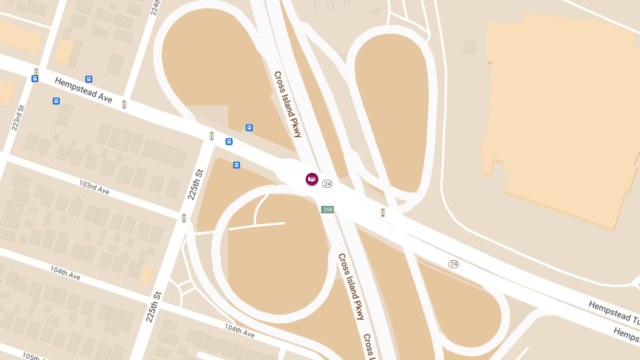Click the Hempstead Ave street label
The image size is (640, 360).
[x=84, y=89]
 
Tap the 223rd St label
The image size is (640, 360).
[x=18, y=118]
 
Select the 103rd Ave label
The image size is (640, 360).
[x=94, y=187]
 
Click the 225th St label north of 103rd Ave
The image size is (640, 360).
[x=196, y=185]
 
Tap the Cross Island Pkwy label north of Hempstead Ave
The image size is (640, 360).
[x=288, y=105]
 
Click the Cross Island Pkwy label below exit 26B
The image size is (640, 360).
[x=351, y=286]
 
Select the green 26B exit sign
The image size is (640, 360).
[x=327, y=210]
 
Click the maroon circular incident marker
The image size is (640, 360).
[x=312, y=179]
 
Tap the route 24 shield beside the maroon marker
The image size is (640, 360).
[x=327, y=184]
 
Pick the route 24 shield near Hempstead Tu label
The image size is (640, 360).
[x=453, y=264]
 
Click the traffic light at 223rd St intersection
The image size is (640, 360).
[x=36, y=71]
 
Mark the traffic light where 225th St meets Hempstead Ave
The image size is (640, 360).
[x=212, y=136]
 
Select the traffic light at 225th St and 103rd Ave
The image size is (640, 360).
[x=184, y=218]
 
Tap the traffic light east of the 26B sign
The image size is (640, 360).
[x=383, y=213]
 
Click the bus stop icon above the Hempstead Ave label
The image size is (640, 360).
[x=89, y=79]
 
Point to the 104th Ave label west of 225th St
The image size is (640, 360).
[x=65, y=273]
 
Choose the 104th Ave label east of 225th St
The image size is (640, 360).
[x=239, y=331]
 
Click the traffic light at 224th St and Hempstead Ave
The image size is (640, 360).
[x=124, y=105]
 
